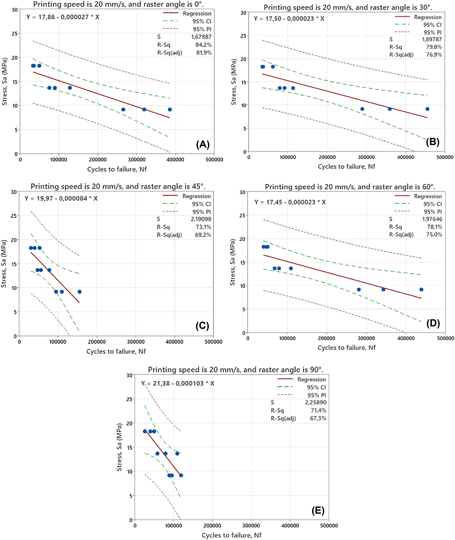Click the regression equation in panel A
[x=63, y=17]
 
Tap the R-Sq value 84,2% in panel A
[x=203, y=45]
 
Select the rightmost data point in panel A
[x=170, y=109]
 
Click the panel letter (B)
[x=433, y=142]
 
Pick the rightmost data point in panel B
[x=427, y=109]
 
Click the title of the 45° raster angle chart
[x=118, y=186]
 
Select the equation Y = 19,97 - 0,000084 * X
[x=61, y=198]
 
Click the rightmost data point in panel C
[x=80, y=292]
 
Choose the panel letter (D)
[x=433, y=323]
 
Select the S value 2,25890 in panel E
[x=316, y=402]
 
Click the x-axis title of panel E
[x=231, y=535]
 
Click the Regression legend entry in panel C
[x=187, y=196]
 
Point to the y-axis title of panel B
[x=234, y=82]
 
